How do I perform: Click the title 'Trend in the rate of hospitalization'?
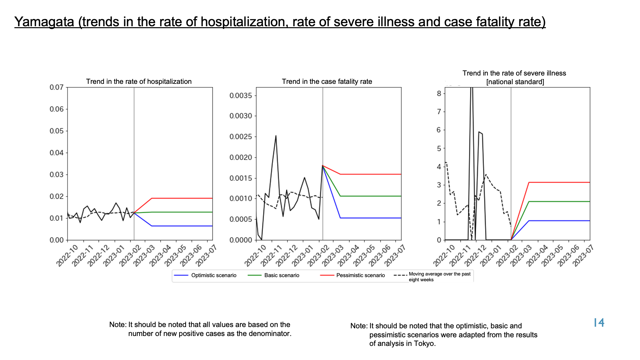pyautogui.click(x=139, y=82)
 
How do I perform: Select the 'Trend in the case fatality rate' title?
pyautogui.click(x=327, y=82)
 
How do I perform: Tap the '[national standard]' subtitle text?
pyautogui.click(x=515, y=82)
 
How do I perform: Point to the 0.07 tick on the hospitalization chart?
pyautogui.click(x=57, y=87)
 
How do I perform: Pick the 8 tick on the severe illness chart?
pyautogui.click(x=439, y=93)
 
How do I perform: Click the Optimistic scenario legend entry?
pyautogui.click(x=205, y=275)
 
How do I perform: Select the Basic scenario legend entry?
pyautogui.click(x=274, y=275)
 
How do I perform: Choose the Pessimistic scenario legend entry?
pyautogui.click(x=352, y=275)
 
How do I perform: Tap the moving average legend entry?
pyautogui.click(x=433, y=277)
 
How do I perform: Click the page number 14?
pyautogui.click(x=599, y=323)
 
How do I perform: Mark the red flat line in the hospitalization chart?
pyautogui.click(x=182, y=198)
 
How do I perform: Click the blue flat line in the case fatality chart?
pyautogui.click(x=371, y=218)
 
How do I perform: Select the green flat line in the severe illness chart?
pyautogui.click(x=559, y=201)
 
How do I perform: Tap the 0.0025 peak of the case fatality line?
pyautogui.click(x=276, y=136)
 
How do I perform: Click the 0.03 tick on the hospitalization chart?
pyautogui.click(x=57, y=175)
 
